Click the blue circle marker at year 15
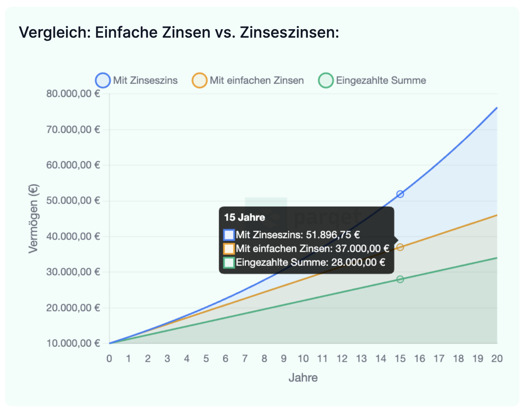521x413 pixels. click(400, 194)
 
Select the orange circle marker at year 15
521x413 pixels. click(400, 247)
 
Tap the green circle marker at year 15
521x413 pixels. click(400, 279)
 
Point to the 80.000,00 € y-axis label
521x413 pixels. click(73, 94)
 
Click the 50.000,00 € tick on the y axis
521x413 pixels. click(73, 201)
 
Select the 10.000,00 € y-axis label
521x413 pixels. click(73, 343)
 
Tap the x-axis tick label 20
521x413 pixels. click(496, 359)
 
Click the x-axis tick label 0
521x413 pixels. click(110, 359)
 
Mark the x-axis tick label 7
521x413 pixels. click(245, 359)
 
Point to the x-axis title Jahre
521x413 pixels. click(303, 377)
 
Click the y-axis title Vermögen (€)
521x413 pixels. click(34, 218)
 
